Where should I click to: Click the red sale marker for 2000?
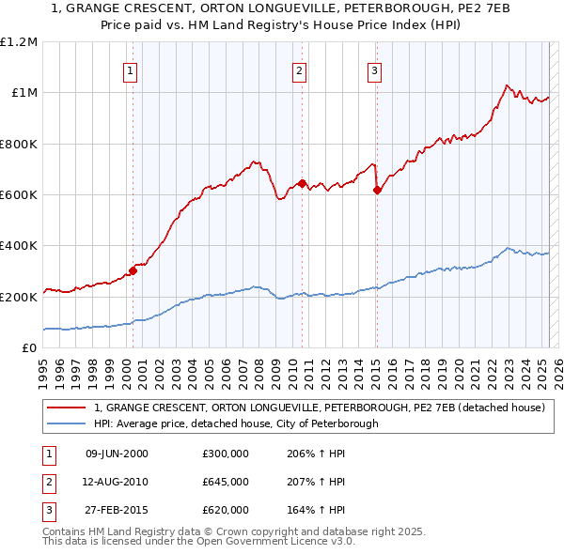[133, 271]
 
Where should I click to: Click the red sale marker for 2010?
[302, 183]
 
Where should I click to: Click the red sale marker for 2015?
[377, 190]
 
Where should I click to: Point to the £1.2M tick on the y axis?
[19, 42]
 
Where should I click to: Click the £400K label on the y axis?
[19, 246]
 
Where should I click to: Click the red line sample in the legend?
[67, 408]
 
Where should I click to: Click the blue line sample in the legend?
[67, 423]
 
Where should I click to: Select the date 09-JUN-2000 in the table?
[117, 454]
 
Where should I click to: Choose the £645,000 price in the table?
[226, 482]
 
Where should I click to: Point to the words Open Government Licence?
[267, 542]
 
